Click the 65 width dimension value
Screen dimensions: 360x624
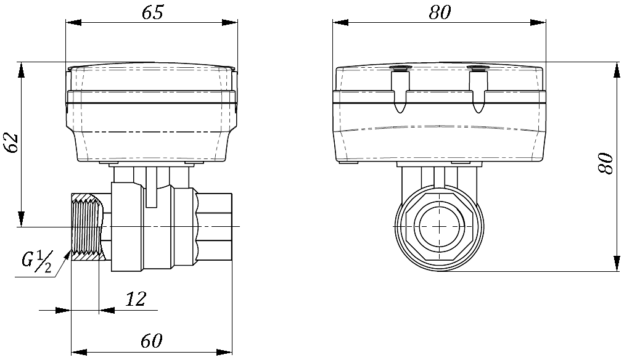pos(152,12)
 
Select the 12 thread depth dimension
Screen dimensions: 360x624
pos(136,299)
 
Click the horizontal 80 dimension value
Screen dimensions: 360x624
pos(440,12)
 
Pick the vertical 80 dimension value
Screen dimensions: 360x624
pos(607,163)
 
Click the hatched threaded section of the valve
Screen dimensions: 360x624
pos(86,227)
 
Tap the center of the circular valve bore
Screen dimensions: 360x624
pos(438,226)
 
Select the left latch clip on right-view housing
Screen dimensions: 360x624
pos(400,91)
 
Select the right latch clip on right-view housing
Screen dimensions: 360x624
pos(478,91)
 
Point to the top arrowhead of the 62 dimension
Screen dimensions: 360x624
pos(22,70)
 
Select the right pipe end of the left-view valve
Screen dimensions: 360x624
pos(216,227)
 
